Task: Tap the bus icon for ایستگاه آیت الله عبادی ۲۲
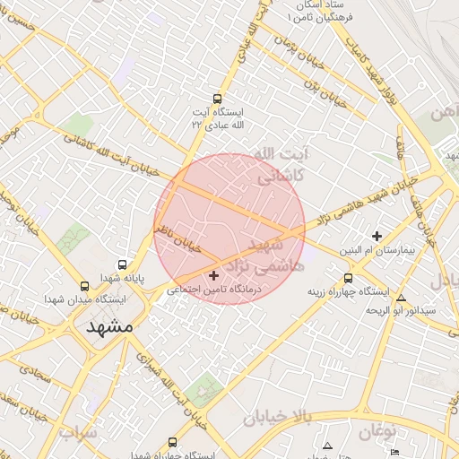tap(216, 100)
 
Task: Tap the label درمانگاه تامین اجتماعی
tap(212, 290)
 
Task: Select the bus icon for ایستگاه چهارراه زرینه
tap(349, 278)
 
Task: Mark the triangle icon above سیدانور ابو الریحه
tap(401, 298)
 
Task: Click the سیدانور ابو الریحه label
tap(401, 310)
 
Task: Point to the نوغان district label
tap(377, 433)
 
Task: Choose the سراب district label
tap(79, 434)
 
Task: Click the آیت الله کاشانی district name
tap(281, 165)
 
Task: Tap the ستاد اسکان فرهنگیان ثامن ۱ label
tap(324, 12)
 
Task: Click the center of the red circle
tap(229, 229)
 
